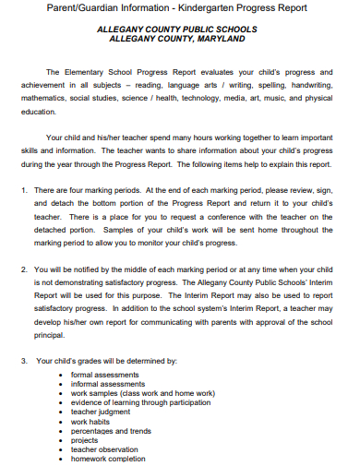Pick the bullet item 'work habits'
point(92,422)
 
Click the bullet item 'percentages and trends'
point(111,431)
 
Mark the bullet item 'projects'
point(85,440)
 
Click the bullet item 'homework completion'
point(108,459)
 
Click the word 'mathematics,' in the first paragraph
point(45,97)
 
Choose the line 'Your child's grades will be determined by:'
point(106,361)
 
